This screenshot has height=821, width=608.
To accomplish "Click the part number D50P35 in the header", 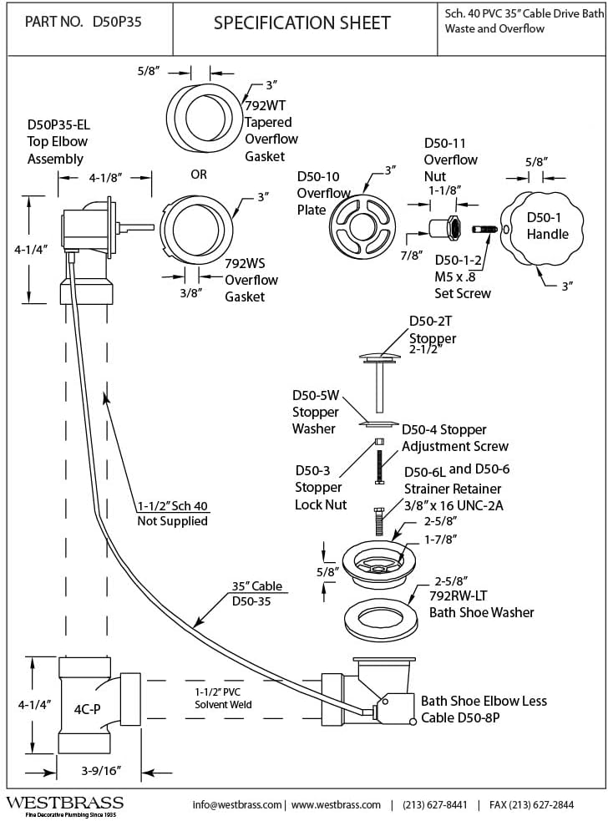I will pos(111,23).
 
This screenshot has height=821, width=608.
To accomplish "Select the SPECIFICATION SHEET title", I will pos(301,23).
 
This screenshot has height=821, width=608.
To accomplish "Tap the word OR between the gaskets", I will pos(199,175).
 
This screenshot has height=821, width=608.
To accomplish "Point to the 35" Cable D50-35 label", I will pos(256,592).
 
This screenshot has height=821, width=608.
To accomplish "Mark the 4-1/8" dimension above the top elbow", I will pos(104,178).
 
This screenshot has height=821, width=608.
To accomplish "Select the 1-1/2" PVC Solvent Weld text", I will pos(222,698).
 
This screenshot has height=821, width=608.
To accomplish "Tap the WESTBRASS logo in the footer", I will pos(64,803).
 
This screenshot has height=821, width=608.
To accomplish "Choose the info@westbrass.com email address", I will pos(237,804).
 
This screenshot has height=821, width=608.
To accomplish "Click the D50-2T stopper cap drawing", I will pos(382,358).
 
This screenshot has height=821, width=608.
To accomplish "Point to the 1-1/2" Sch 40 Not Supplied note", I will pos(172,514).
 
